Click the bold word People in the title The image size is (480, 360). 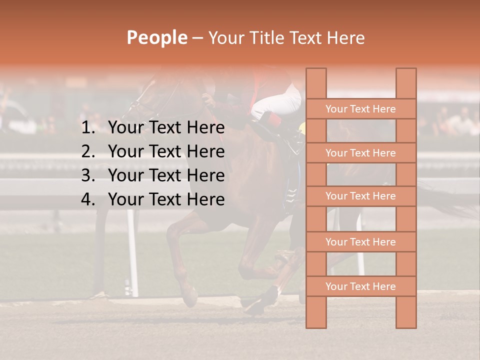click(156, 37)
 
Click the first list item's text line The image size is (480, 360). click(166, 128)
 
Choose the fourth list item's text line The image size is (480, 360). click(166, 199)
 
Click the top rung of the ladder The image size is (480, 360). click(360, 109)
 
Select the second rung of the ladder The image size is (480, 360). click(360, 153)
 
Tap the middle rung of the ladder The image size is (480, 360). click(360, 196)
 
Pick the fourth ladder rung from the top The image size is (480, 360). click(360, 242)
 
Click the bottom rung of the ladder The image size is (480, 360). click(360, 286)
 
